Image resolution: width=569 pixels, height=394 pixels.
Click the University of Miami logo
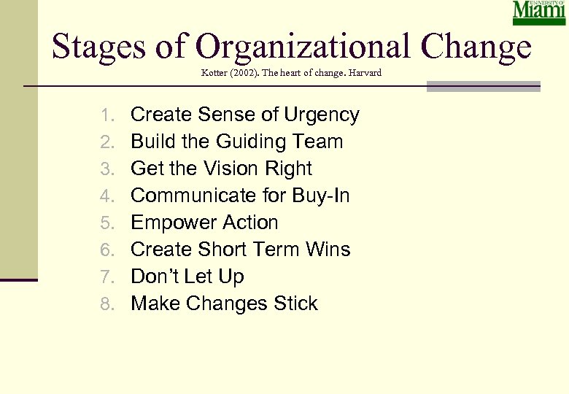tap(539, 13)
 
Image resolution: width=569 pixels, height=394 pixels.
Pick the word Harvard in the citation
tap(365, 73)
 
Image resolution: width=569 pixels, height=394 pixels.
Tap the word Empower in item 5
tap(166, 223)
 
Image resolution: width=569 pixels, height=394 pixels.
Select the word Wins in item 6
tap(328, 250)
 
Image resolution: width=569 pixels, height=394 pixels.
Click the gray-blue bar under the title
tap(483, 87)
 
